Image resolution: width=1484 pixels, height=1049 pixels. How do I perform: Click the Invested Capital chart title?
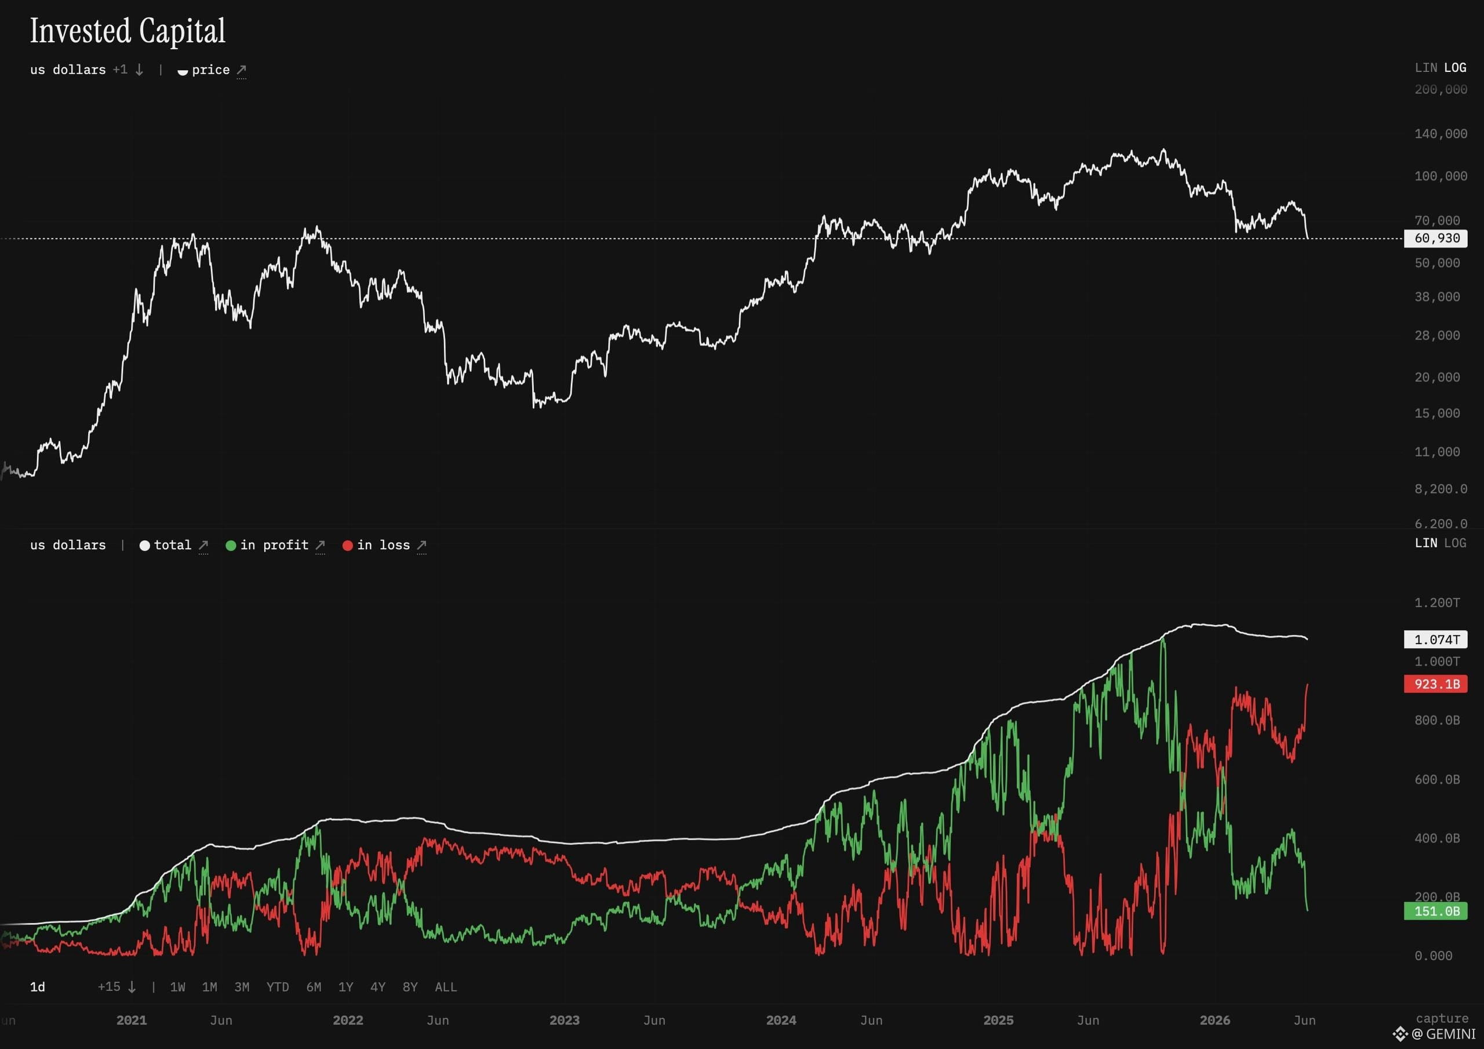coord(128,31)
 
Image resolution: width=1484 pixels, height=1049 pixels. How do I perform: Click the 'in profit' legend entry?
coord(275,545)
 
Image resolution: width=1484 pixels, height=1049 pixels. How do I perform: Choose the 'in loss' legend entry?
coord(384,545)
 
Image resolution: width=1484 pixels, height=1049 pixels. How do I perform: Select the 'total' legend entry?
coord(173,545)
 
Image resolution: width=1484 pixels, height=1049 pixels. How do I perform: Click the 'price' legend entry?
coord(212,70)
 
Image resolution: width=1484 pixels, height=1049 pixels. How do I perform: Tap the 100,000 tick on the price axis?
coord(1441,176)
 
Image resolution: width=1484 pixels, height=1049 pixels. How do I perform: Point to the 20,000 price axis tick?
coord(1437,377)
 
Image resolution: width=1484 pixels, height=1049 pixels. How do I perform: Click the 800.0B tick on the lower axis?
coord(1437,720)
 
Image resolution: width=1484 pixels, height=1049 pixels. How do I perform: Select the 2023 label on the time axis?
coord(564,1020)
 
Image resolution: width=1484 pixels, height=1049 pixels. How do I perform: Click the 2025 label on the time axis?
coord(998,1020)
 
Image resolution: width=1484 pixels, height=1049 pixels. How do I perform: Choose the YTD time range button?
coord(278,987)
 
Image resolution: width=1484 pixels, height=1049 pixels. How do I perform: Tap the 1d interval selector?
coord(38,987)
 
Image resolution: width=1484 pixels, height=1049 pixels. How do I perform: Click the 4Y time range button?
coord(377,987)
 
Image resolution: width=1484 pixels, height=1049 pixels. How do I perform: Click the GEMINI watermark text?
coord(1450,1034)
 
